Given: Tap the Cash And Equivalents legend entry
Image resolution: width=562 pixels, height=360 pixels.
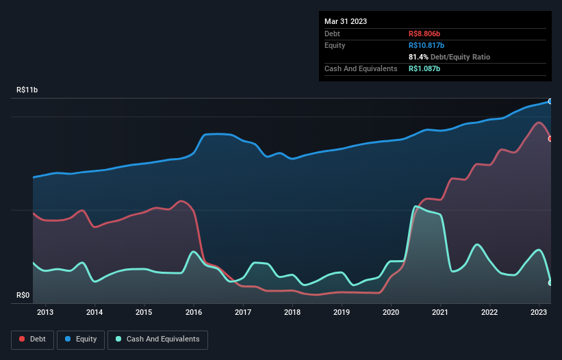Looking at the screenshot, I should pos(157,339).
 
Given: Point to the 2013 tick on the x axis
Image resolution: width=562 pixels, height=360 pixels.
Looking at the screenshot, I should pos(46,313).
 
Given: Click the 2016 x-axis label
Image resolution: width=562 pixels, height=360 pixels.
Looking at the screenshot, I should pos(194,313).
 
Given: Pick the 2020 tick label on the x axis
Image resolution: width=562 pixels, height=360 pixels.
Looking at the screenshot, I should pos(391,313).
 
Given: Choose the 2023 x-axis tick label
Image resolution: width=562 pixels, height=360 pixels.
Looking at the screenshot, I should pos(539,313).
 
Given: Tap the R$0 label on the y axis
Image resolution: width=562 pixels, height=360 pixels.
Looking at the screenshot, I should pos(23,296).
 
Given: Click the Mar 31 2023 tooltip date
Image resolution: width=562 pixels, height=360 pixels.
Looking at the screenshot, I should pos(346,21).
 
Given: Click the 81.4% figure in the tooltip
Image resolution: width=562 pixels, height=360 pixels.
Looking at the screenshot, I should pos(419,57).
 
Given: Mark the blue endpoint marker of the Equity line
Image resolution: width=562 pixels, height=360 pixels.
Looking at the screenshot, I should pos(550,101).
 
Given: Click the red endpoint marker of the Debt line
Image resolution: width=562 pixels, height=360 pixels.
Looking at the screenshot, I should pos(550,139).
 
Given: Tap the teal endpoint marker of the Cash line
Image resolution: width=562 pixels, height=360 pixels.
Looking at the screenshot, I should pos(550,283).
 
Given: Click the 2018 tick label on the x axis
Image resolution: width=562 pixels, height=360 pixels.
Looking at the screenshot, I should pos(292,313).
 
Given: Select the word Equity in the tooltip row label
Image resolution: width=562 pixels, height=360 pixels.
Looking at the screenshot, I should pos(335,45).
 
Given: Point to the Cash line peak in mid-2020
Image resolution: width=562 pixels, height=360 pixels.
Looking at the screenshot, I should pos(416,207).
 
